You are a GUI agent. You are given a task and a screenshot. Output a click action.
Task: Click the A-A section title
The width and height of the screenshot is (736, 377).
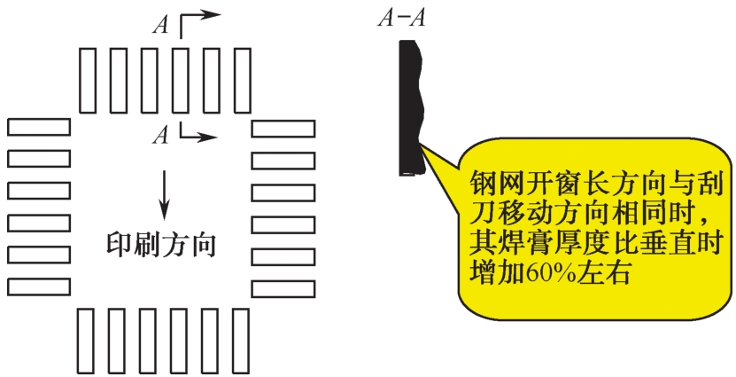(x=401, y=20)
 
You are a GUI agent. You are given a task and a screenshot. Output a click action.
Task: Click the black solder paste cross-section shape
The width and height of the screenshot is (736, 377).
(x=411, y=108)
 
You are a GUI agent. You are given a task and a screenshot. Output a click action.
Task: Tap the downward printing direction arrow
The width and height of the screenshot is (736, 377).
(x=164, y=195)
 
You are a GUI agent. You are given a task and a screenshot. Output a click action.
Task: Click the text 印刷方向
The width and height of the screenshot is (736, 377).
(x=161, y=245)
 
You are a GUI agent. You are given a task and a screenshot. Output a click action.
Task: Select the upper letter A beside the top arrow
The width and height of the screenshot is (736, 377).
(x=161, y=25)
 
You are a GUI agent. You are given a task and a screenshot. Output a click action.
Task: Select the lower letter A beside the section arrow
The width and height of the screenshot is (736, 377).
(x=160, y=136)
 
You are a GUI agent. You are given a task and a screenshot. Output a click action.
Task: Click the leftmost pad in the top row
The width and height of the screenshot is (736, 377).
(x=88, y=81)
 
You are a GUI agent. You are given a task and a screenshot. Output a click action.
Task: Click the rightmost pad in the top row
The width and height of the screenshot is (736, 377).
(x=242, y=81)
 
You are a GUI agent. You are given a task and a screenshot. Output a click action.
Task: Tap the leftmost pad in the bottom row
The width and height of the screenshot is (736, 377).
(x=85, y=341)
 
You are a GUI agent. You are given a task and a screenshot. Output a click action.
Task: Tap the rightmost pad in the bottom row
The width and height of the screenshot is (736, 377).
(x=241, y=341)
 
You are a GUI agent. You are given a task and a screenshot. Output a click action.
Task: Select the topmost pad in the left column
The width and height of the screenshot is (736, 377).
(x=39, y=127)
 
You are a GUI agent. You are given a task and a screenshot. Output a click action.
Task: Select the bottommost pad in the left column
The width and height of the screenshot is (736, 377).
(x=39, y=287)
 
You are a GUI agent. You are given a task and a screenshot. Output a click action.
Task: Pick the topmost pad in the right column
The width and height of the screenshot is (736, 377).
(x=283, y=129)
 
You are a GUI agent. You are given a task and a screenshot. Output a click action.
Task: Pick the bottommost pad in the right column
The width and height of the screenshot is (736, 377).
(x=283, y=289)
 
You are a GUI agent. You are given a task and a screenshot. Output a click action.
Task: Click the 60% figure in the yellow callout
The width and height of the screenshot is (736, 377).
(x=551, y=274)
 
